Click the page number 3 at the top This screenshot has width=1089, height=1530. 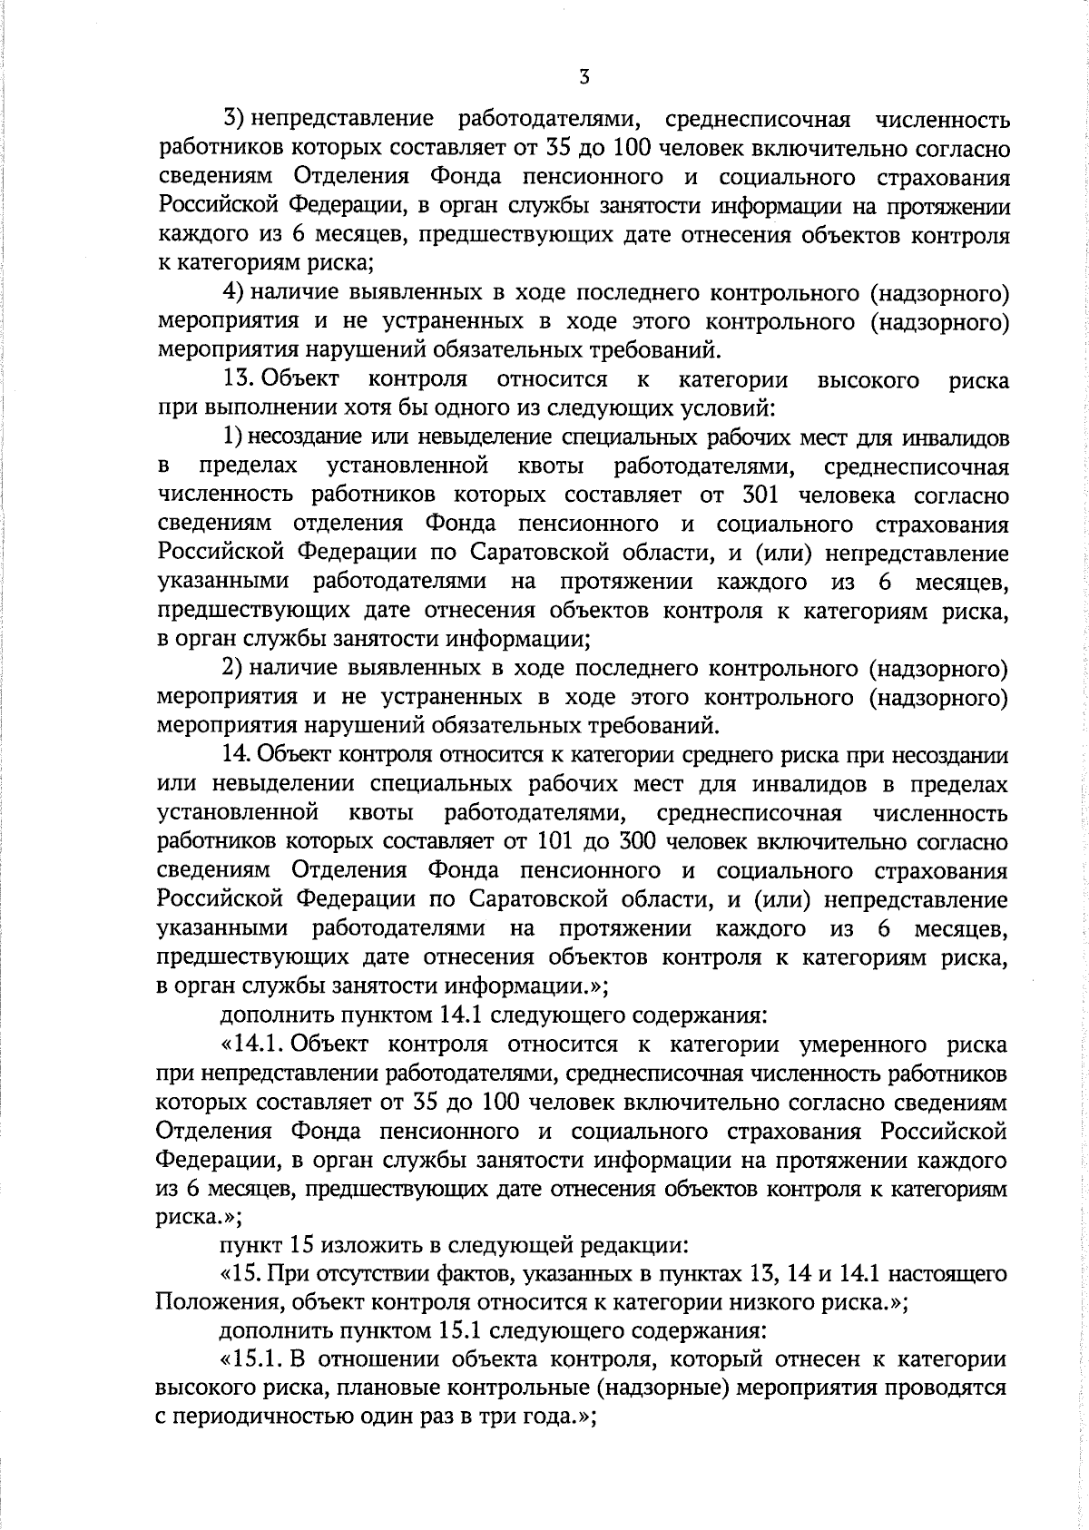coord(584,78)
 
